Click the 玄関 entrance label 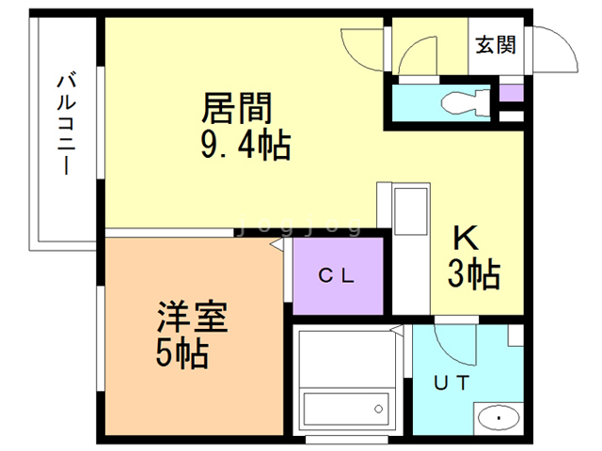click(496, 45)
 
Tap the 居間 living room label click(237, 109)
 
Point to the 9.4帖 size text click(246, 145)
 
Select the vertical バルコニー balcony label click(67, 124)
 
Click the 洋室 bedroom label click(192, 317)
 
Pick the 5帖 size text click(182, 353)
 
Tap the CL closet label click(337, 275)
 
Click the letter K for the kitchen click(466, 238)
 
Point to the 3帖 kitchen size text click(474, 273)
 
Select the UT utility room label click(451, 382)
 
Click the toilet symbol click(466, 102)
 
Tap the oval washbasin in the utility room click(499, 418)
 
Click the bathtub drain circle click(378, 410)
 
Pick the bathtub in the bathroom click(345, 409)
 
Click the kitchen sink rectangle click(411, 211)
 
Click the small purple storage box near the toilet click(512, 93)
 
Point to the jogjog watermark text click(300, 225)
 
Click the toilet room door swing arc click(411, 48)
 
